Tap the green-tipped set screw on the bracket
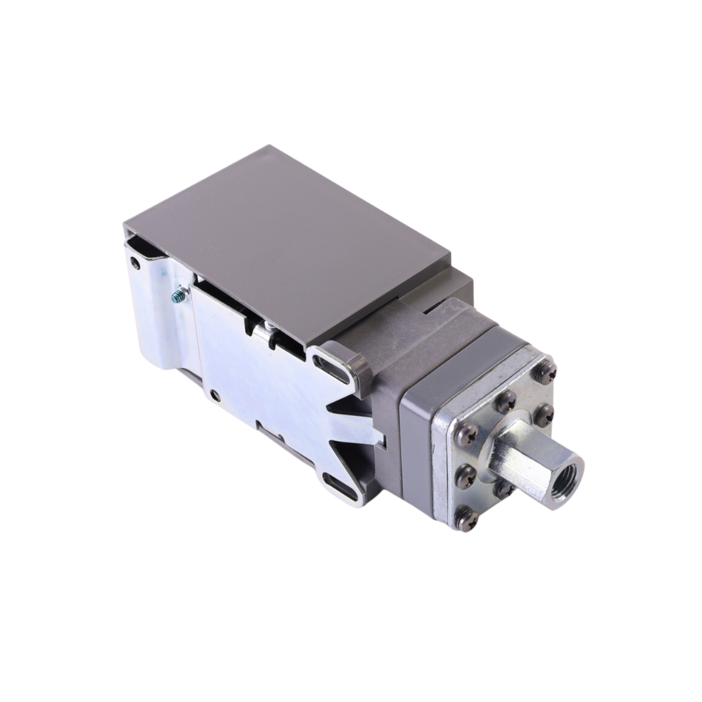point(177,296)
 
